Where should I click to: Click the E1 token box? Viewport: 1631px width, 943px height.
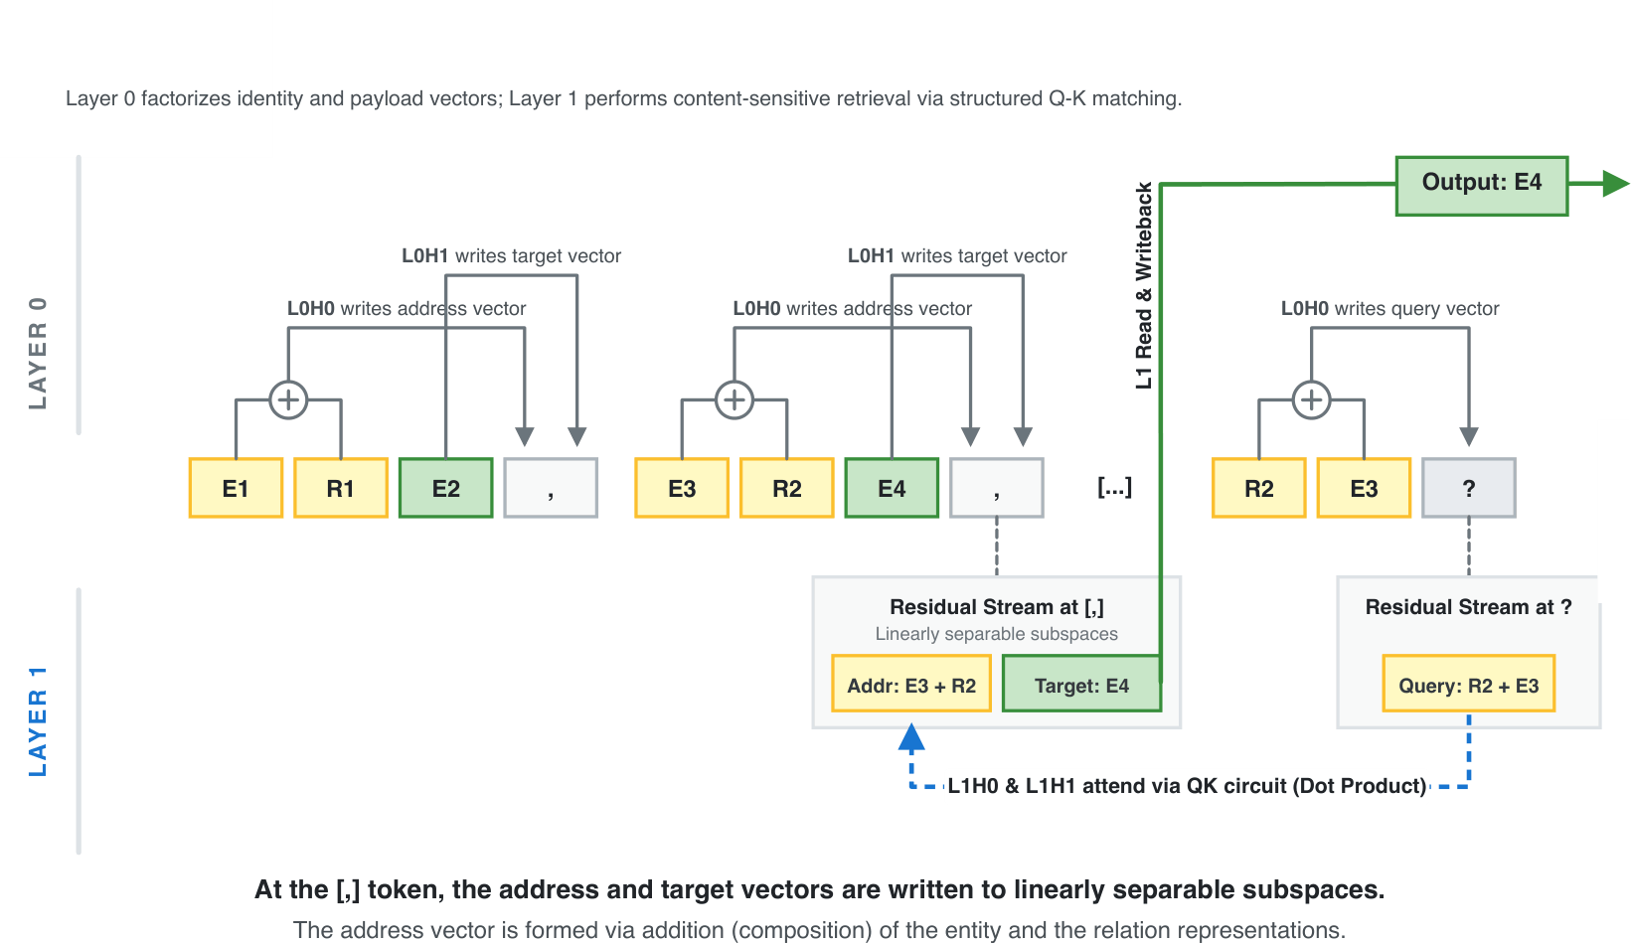click(x=236, y=488)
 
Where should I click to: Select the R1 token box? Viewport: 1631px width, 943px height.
click(x=341, y=488)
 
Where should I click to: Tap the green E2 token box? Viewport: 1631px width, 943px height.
click(x=445, y=488)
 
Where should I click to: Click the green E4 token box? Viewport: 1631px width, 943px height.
click(x=892, y=488)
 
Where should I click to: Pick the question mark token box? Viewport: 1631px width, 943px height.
click(x=1468, y=488)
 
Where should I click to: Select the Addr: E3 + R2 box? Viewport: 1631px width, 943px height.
click(x=911, y=685)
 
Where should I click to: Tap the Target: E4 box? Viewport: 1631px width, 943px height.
click(x=1081, y=685)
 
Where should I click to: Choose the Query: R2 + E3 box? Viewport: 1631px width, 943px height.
click(x=1468, y=685)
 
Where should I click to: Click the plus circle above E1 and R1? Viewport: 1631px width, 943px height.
click(x=288, y=400)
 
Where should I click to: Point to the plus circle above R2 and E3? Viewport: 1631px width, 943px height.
click(x=1311, y=400)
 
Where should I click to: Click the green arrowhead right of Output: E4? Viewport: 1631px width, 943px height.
click(x=1615, y=184)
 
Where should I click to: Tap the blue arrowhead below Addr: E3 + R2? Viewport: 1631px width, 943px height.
click(x=911, y=738)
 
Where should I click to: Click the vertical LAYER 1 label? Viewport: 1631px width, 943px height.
click(x=38, y=721)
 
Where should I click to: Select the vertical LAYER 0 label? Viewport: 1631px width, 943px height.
click(x=38, y=353)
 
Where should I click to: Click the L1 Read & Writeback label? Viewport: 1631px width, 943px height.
click(x=1144, y=285)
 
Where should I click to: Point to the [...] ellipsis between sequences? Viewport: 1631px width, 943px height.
click(x=1114, y=487)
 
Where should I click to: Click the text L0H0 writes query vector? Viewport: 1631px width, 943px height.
click(x=1389, y=309)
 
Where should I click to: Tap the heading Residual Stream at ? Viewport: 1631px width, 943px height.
click(x=1468, y=607)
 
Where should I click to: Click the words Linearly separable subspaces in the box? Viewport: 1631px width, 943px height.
click(x=996, y=634)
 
